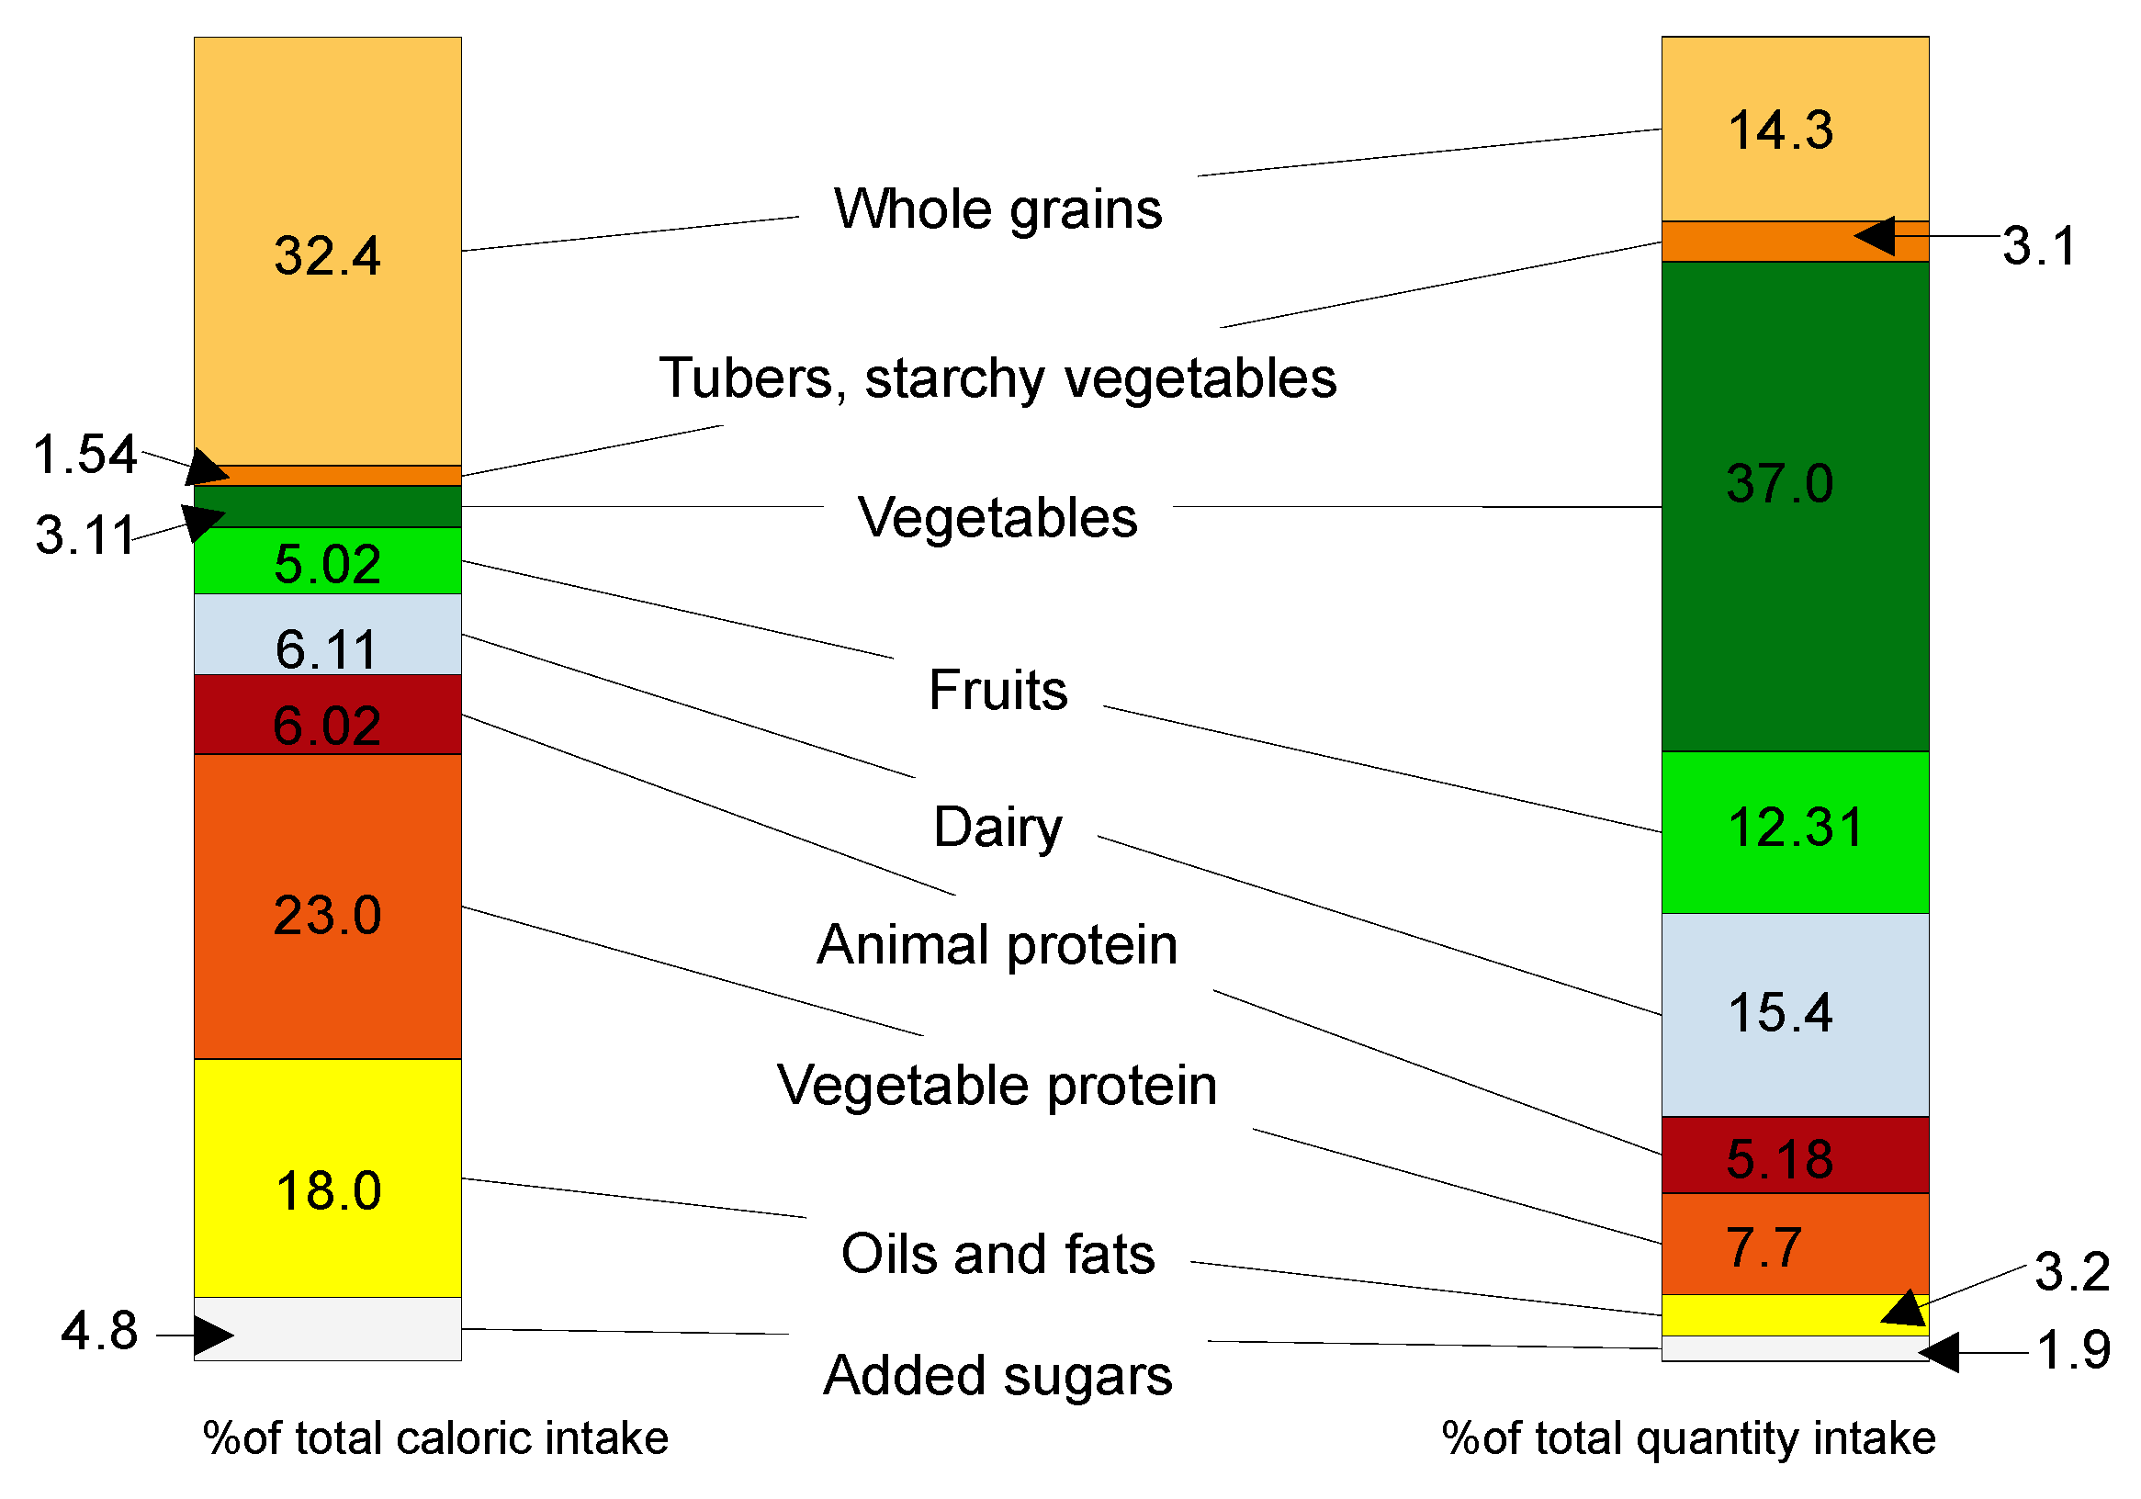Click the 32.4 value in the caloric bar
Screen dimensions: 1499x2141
[327, 255]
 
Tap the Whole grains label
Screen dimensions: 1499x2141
[997, 208]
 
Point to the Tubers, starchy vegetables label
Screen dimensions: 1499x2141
[997, 378]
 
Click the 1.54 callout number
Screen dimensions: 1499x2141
[85, 456]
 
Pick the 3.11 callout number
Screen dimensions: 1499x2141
[85, 535]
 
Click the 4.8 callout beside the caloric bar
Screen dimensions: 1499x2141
[99, 1330]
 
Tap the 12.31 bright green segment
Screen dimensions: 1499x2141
[1794, 831]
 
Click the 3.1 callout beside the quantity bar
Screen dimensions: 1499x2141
[2038, 246]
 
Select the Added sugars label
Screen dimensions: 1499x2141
[997, 1375]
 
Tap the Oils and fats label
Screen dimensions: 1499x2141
[997, 1253]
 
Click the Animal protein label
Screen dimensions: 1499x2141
[997, 944]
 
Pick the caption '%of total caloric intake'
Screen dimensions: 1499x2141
[435, 1437]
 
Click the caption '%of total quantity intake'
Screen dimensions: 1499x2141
[1689, 1437]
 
